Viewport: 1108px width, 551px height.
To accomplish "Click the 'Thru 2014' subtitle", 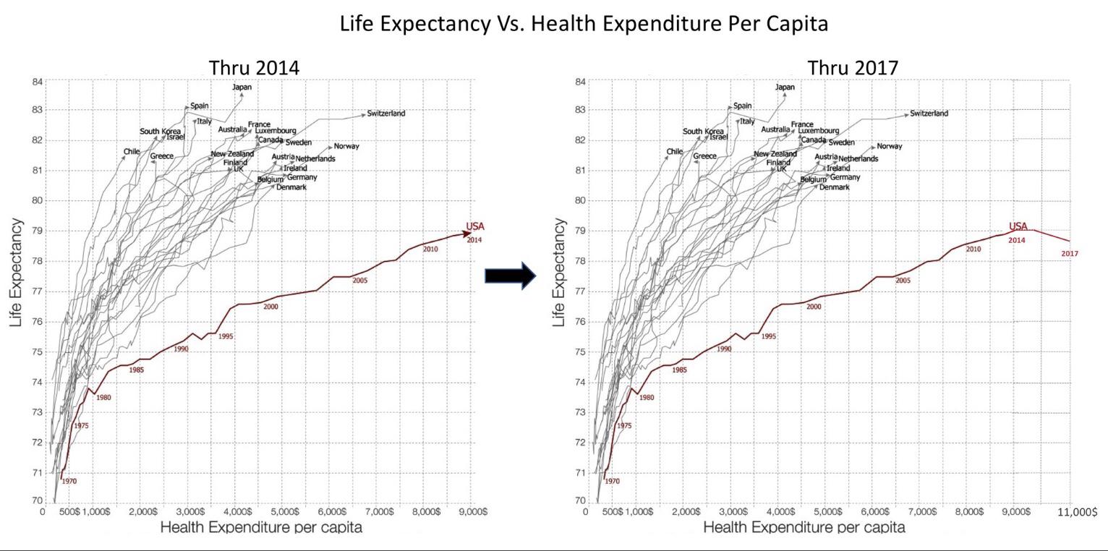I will click(254, 67).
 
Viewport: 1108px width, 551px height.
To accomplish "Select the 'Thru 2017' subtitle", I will click(853, 67).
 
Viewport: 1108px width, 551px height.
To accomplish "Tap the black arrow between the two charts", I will click(510, 275).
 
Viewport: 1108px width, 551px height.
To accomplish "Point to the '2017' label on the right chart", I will click(1070, 254).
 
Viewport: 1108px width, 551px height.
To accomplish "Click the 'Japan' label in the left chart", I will click(242, 87).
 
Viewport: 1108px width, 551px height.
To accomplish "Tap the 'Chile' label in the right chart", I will click(674, 152).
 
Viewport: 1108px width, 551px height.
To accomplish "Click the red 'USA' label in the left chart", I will click(475, 226).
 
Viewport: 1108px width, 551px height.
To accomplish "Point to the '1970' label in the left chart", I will click(69, 481).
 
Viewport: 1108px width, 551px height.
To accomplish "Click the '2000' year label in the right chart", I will click(814, 307).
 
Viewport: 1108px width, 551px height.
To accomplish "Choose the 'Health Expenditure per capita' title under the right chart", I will click(804, 527).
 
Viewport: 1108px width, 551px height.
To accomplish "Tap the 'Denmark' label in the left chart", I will click(291, 187).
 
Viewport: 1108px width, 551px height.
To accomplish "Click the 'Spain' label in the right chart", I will click(742, 106).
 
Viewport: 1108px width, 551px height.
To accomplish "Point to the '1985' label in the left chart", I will click(137, 370).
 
